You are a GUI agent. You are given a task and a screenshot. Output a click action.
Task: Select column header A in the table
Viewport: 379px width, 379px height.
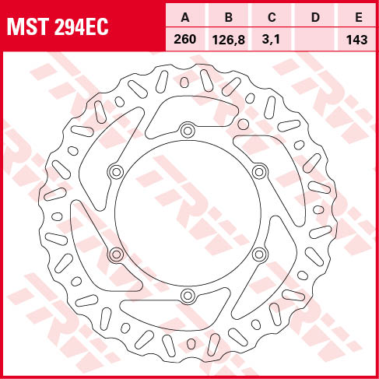[x=184, y=16]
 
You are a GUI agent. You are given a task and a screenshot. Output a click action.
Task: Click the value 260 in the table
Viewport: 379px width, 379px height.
[x=184, y=38]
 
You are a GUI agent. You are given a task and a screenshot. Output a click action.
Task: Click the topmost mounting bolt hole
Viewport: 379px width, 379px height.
[x=187, y=130]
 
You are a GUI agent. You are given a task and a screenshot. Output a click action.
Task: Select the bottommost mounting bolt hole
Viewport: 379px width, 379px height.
[x=187, y=295]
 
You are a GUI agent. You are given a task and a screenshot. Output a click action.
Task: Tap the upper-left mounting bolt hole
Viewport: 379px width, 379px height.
[x=116, y=171]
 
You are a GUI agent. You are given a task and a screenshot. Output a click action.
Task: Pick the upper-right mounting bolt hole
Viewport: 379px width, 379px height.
[x=258, y=171]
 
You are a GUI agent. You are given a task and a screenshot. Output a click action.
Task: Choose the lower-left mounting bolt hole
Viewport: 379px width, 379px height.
[x=116, y=254]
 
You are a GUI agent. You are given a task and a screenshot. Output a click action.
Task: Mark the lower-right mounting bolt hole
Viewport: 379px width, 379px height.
[x=258, y=254]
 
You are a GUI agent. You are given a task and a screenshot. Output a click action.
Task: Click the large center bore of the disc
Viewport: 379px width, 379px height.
[x=187, y=212]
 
